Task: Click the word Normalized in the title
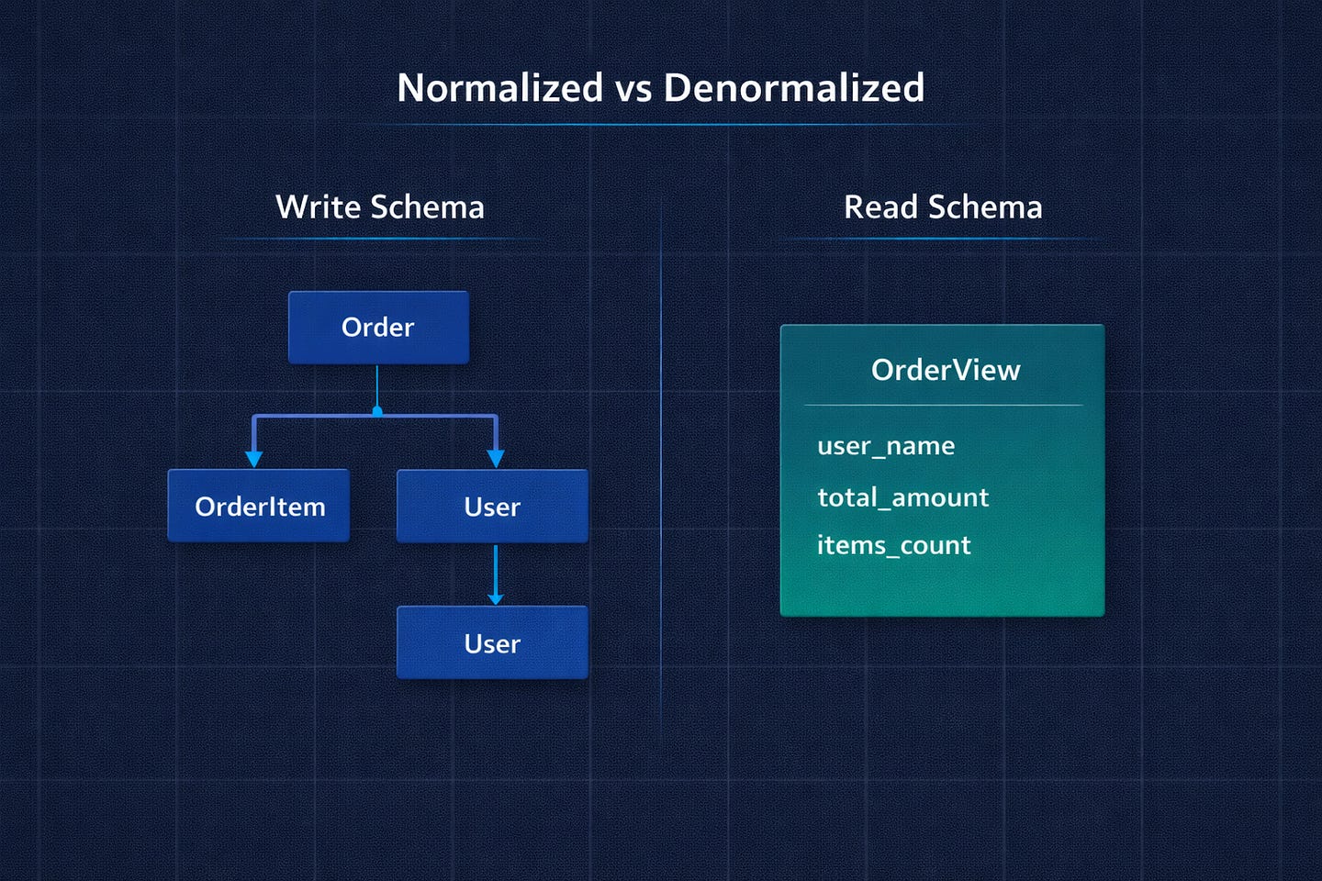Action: [x=499, y=88]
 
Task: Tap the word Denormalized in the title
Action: [x=794, y=88]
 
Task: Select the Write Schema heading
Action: [x=380, y=207]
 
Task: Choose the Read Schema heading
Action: [x=943, y=207]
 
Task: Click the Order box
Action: [x=378, y=328]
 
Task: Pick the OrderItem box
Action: [x=259, y=506]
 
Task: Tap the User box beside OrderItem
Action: [x=492, y=507]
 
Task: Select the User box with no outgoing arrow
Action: [x=492, y=642]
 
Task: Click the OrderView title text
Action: [x=946, y=370]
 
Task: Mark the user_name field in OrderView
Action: [x=886, y=445]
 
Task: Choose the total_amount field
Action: [x=903, y=496]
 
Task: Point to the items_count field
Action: [x=893, y=544]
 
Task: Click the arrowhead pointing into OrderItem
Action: [x=253, y=459]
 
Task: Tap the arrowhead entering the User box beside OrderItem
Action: [x=496, y=459]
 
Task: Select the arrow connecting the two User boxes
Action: [x=496, y=574]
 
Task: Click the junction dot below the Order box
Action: [x=377, y=411]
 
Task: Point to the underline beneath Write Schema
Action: [x=380, y=239]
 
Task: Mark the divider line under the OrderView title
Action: [x=943, y=406]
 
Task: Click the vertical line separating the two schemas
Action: [x=661, y=461]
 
